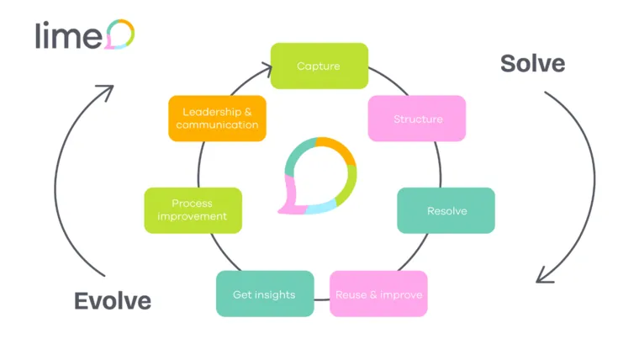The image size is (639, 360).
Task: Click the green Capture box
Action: click(x=319, y=66)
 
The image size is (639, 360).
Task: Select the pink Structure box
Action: click(x=417, y=119)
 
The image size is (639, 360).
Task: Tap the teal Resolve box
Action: click(x=446, y=210)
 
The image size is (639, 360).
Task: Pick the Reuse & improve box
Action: click(x=378, y=294)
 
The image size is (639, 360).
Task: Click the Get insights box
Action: click(x=265, y=294)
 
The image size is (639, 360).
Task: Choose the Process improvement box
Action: click(x=193, y=210)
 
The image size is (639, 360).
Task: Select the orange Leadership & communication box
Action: click(x=218, y=119)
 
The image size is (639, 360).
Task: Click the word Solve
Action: click(x=532, y=63)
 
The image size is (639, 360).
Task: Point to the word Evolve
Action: click(x=113, y=300)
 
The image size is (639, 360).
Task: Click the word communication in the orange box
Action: click(x=218, y=125)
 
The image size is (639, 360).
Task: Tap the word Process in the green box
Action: click(x=192, y=203)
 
